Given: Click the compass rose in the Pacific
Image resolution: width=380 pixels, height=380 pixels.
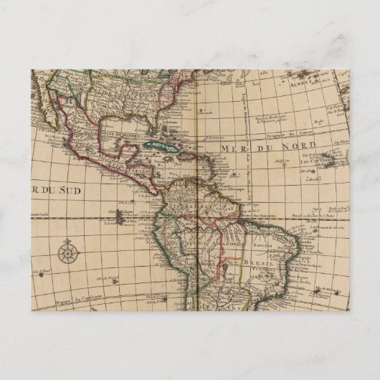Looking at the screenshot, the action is [x=69, y=252].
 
